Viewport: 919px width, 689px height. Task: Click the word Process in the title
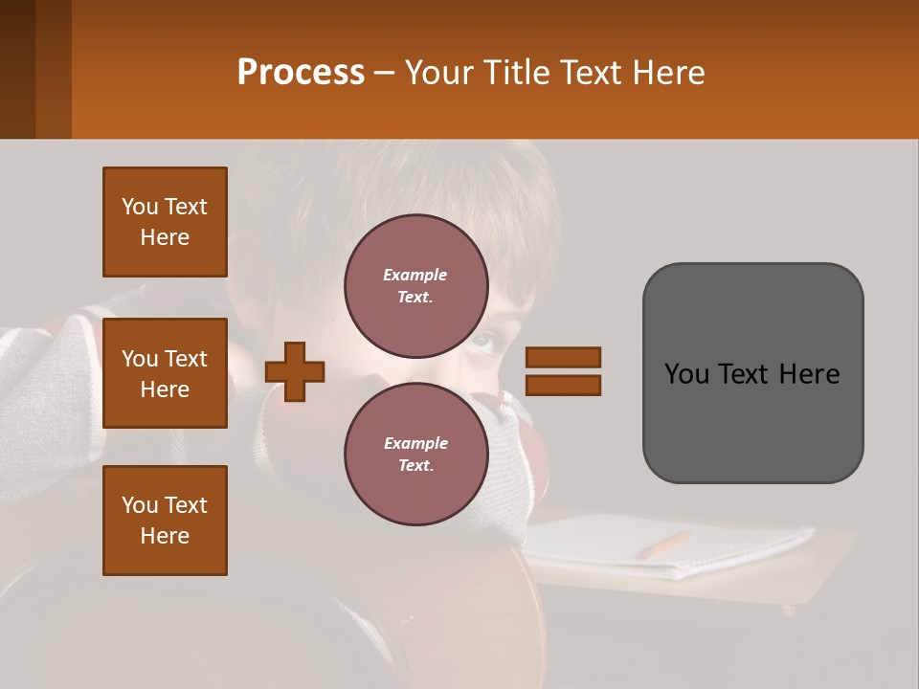pos(301,73)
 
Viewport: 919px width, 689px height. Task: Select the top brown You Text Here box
pos(165,222)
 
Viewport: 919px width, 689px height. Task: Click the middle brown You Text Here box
pos(165,373)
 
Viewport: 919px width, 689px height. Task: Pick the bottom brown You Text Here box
pos(165,521)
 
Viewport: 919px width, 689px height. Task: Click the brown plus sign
pos(295,371)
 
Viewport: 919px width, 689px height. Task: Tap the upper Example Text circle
pos(415,285)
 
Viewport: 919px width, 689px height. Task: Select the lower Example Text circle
pos(415,454)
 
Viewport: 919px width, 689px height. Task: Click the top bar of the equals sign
pos(564,357)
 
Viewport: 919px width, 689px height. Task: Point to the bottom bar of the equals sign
pos(564,385)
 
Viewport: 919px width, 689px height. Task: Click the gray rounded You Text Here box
pos(752,372)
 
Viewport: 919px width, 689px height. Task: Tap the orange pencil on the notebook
pos(664,545)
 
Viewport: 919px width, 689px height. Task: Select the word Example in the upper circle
pos(415,275)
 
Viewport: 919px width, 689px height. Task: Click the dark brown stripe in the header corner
pos(17,69)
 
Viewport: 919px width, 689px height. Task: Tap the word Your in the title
pos(437,73)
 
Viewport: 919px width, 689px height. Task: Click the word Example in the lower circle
pos(415,443)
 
